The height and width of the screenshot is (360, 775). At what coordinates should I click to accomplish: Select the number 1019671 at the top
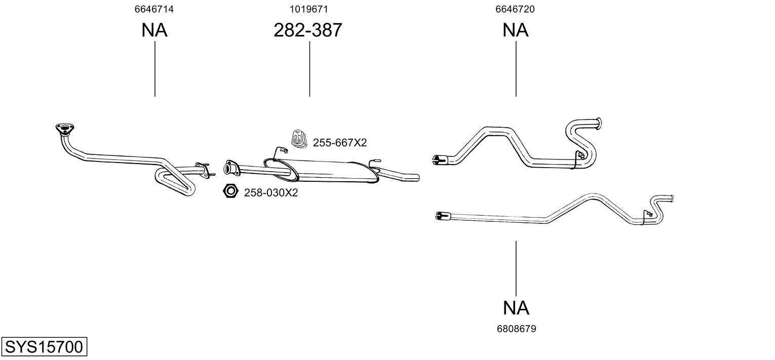click(308, 9)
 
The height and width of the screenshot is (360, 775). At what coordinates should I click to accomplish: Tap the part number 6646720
click(516, 9)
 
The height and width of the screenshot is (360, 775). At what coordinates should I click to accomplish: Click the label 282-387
click(308, 30)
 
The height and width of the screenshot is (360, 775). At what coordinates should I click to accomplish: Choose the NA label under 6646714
click(154, 30)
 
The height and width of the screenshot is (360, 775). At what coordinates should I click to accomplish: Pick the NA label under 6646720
click(516, 30)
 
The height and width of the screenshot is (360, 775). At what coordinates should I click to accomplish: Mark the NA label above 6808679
click(516, 307)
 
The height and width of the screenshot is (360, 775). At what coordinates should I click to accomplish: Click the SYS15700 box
click(44, 347)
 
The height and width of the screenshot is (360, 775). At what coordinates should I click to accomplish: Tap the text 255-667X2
click(339, 143)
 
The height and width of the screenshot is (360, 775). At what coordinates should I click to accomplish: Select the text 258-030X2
click(271, 193)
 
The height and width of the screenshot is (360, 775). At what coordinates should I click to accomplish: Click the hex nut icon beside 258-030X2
click(230, 191)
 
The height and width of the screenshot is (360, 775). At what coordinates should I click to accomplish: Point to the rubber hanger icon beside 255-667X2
click(298, 139)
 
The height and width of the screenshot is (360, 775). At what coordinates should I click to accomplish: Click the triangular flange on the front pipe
click(63, 129)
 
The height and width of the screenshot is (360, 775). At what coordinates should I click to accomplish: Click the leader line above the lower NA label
click(516, 268)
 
